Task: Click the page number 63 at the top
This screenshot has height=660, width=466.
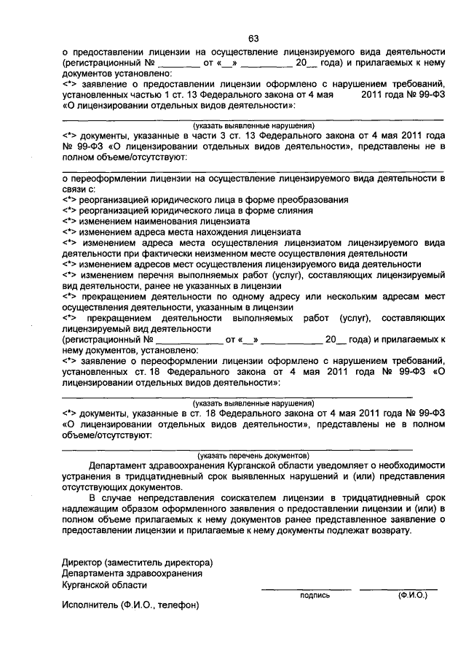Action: pyautogui.click(x=253, y=39)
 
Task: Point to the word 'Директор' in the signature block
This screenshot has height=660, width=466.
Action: pyautogui.click(x=82, y=563)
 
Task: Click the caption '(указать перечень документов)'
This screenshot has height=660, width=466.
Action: pyautogui.click(x=253, y=454)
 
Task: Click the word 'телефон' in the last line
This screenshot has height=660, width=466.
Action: pyautogui.click(x=180, y=605)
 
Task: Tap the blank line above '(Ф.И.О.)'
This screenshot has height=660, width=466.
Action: pyautogui.click(x=398, y=588)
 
